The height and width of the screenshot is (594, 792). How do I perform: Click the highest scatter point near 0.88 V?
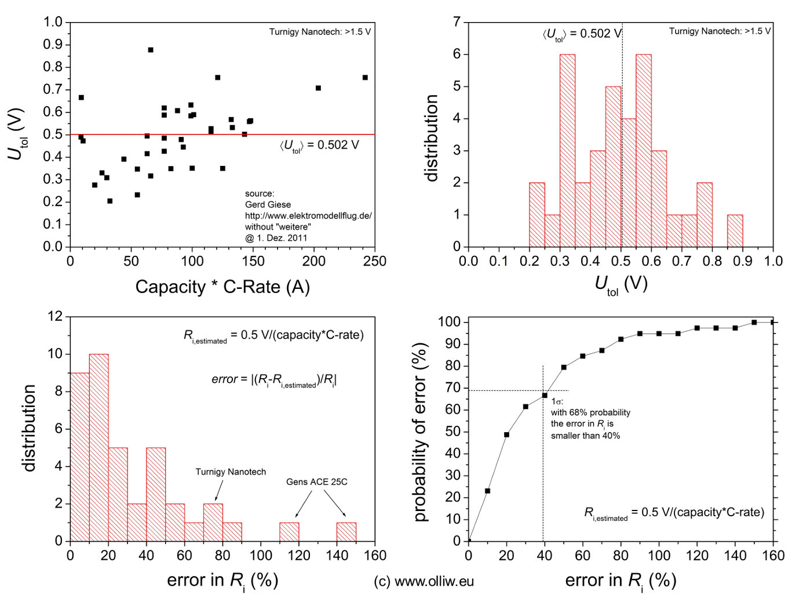tap(151, 50)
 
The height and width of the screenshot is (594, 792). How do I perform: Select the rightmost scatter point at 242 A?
tap(365, 77)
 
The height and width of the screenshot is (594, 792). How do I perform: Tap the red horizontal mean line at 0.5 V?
tap(232, 135)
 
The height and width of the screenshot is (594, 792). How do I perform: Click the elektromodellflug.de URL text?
tap(308, 216)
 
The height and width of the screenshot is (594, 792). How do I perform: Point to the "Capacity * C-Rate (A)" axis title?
tap(222, 287)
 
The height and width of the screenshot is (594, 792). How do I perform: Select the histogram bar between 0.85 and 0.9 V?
tap(735, 231)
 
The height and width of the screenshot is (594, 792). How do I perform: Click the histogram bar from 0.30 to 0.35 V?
tap(567, 151)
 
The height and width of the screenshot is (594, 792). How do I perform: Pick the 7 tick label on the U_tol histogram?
tap(457, 22)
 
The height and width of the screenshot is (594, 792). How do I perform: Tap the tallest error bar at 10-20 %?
tap(98, 447)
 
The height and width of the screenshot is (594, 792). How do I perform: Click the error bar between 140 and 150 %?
tap(346, 532)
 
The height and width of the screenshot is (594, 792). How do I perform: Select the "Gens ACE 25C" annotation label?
tap(316, 482)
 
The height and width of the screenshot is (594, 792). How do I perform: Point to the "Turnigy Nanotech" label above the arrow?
tap(231, 472)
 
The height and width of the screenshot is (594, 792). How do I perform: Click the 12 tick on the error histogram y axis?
tap(56, 317)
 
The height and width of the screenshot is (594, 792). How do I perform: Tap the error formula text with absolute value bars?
tap(274, 380)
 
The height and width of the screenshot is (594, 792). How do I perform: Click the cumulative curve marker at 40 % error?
tap(545, 396)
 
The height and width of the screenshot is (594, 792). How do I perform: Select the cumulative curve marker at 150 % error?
tap(754, 322)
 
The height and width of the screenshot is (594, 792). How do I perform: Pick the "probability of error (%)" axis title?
tap(421, 432)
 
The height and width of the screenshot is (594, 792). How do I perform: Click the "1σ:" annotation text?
tap(557, 401)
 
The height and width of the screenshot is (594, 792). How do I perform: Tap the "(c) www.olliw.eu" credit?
tap(424, 581)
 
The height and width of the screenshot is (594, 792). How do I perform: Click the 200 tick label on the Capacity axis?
tap(314, 262)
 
